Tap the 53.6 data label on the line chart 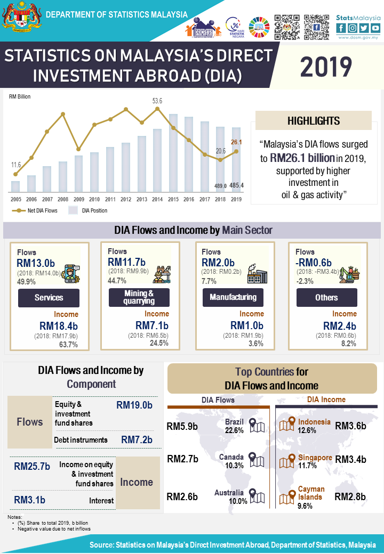[157, 101]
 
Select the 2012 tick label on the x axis [126, 199]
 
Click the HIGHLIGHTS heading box [314, 121]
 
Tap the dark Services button [49, 298]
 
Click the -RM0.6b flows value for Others [314, 262]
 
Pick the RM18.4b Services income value [59, 326]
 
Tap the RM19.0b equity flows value [134, 405]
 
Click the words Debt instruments [81, 440]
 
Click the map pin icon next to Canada [257, 460]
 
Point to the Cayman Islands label [311, 493]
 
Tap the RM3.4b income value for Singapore [350, 459]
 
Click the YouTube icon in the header [375, 28]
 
